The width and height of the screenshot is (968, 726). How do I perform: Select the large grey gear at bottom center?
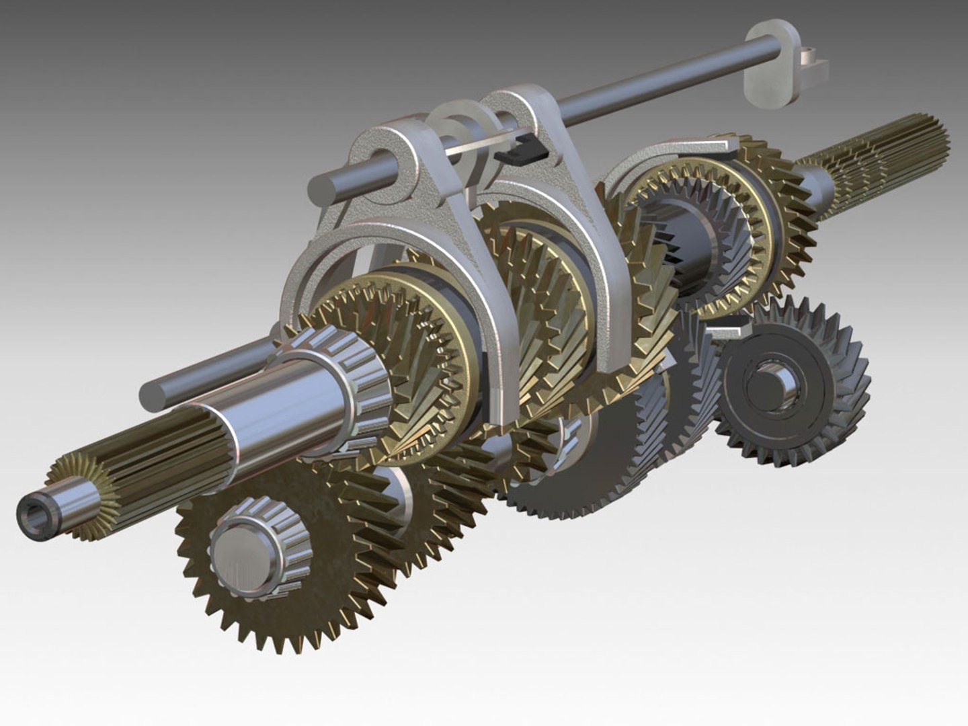click(x=578, y=464)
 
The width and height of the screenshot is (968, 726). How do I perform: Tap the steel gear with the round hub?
click(x=793, y=383)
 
